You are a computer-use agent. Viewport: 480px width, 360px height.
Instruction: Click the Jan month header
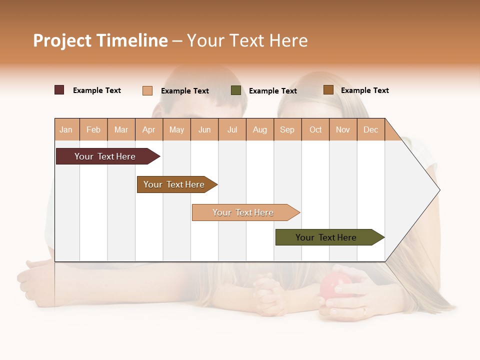(x=66, y=129)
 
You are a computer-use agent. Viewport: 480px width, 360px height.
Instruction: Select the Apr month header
(x=148, y=129)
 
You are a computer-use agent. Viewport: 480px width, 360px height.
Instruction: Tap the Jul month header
(x=232, y=129)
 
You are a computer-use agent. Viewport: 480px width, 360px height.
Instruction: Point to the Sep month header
(x=287, y=129)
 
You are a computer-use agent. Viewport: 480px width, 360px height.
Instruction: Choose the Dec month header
(x=370, y=129)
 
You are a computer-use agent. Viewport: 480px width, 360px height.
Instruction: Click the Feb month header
(x=93, y=129)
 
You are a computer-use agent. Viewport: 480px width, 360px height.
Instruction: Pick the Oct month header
(x=315, y=129)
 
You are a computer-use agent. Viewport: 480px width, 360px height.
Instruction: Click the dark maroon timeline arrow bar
(x=105, y=156)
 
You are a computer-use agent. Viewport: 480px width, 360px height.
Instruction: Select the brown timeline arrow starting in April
(x=174, y=184)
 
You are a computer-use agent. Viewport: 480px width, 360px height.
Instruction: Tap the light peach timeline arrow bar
(x=243, y=212)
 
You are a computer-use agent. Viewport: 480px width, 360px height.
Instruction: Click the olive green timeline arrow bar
(x=326, y=237)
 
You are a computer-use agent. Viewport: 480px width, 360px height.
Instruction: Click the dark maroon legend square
(x=59, y=90)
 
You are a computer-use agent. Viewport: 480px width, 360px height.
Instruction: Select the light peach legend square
(x=147, y=90)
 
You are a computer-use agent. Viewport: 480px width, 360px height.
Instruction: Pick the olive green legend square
(x=236, y=90)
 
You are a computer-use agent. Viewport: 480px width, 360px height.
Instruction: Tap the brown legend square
(x=328, y=90)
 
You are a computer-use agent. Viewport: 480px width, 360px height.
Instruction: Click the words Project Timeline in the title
(x=100, y=40)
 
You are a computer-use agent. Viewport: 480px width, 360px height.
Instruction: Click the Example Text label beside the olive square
(x=272, y=91)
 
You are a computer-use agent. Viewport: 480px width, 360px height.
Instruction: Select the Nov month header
(x=343, y=129)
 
